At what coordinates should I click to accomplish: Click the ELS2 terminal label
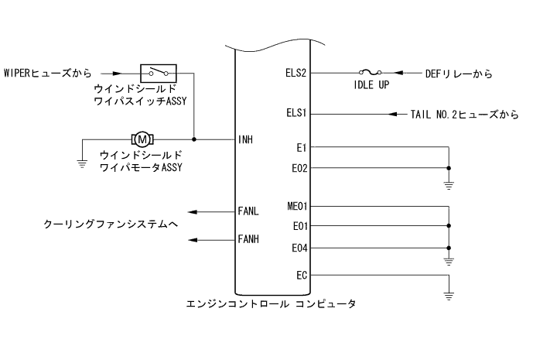click(x=296, y=74)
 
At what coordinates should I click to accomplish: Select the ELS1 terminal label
click(x=296, y=114)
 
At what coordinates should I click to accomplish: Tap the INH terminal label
click(x=245, y=140)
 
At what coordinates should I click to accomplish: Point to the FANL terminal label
click(x=248, y=211)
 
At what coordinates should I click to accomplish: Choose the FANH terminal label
click(x=248, y=239)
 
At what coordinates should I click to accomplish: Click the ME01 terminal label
click(x=296, y=207)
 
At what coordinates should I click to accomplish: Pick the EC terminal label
click(x=301, y=274)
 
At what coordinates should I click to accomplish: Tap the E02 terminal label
click(x=299, y=166)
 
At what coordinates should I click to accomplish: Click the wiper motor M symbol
click(x=143, y=139)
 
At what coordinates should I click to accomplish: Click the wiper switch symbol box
click(x=159, y=73)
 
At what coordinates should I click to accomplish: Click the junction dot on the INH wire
click(x=193, y=139)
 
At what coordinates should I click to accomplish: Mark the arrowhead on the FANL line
click(x=191, y=211)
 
